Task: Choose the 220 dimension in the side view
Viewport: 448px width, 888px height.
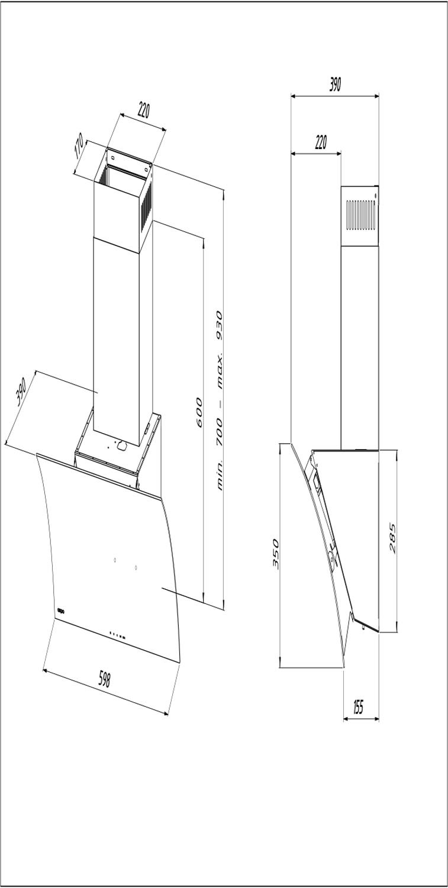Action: [x=321, y=143]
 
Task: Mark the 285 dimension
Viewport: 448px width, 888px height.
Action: [x=392, y=538]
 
